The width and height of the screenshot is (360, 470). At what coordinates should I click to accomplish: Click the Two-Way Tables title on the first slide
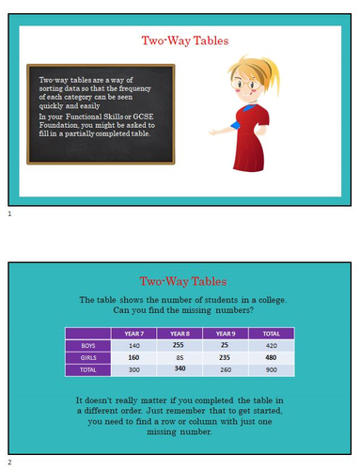184,40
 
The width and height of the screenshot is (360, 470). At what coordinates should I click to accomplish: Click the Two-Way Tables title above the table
183,281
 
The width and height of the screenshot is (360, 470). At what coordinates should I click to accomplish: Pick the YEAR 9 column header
225,333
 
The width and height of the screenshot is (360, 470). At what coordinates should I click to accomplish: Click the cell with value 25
225,345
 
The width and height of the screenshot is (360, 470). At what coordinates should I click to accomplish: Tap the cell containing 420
272,345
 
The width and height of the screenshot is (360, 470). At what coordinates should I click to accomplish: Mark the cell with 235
225,357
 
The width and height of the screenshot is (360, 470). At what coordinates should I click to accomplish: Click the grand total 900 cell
272,369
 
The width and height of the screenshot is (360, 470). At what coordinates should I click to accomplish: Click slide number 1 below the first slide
8,215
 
